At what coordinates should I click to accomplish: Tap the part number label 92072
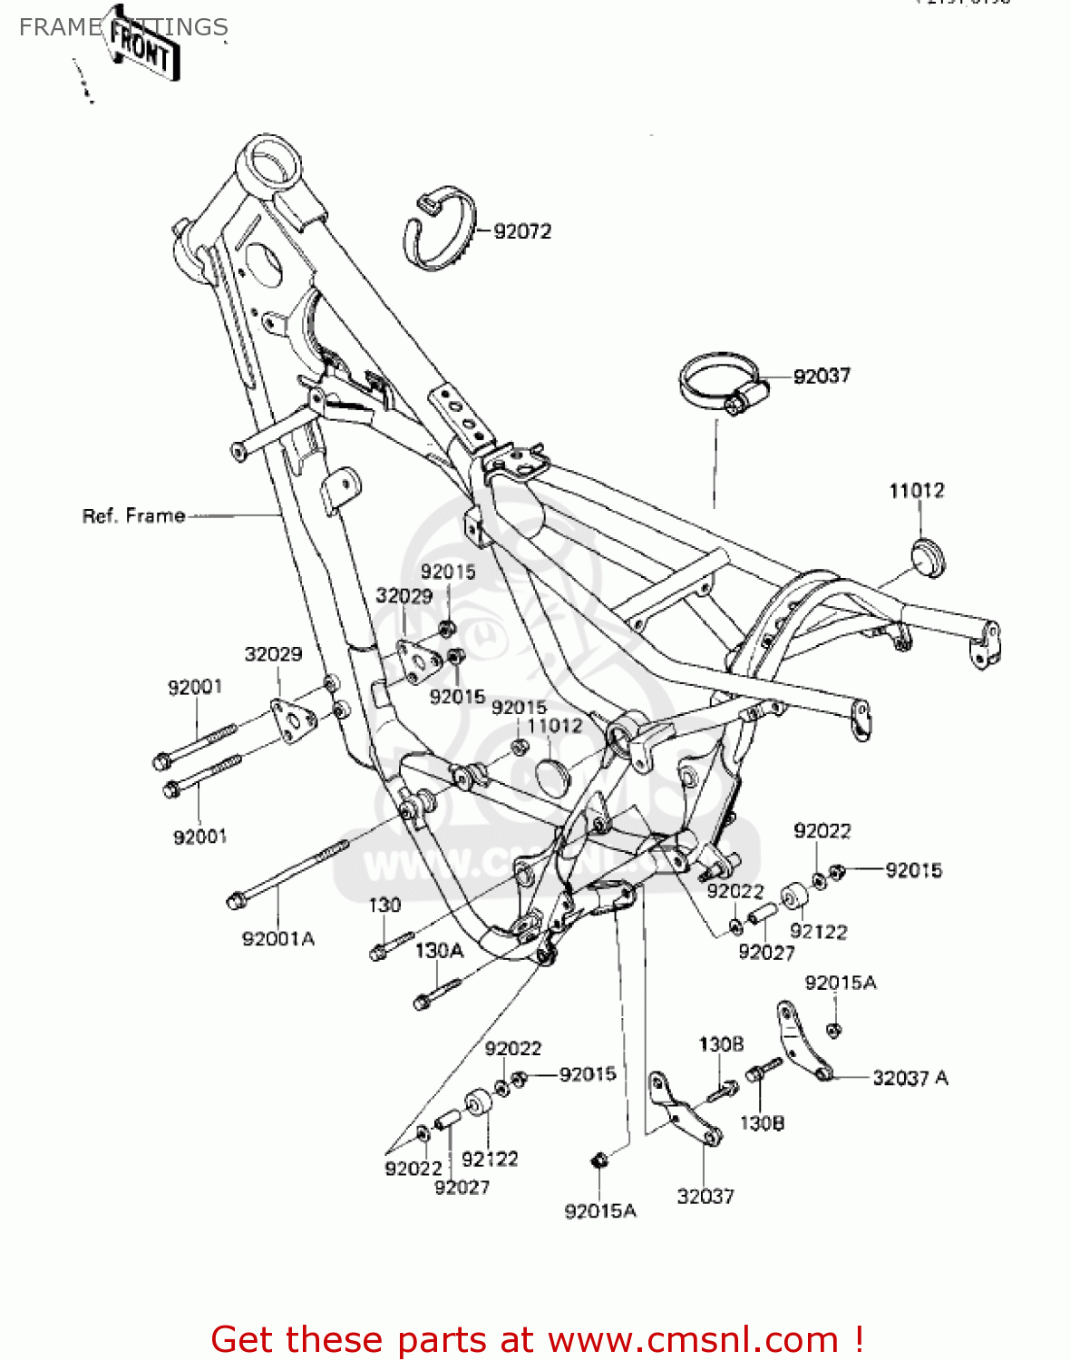(522, 231)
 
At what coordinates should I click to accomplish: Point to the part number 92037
(822, 376)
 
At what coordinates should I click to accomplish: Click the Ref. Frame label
(133, 515)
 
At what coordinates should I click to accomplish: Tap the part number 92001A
(277, 938)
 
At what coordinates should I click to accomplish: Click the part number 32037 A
(909, 1078)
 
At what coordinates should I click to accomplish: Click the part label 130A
(439, 950)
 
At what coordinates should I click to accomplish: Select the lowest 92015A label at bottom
(600, 1210)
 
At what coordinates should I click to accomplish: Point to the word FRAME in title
(60, 27)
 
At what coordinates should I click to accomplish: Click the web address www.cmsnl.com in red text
(693, 1339)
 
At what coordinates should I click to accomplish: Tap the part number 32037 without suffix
(705, 1196)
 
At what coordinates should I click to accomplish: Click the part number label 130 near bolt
(384, 905)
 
